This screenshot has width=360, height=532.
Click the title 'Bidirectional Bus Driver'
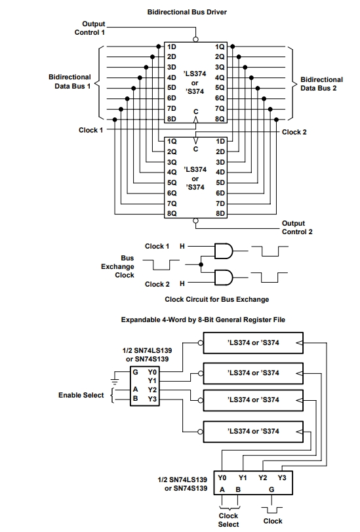click(x=187, y=12)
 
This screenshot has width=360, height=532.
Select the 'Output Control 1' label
click(x=90, y=28)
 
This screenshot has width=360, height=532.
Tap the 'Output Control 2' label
click(x=297, y=228)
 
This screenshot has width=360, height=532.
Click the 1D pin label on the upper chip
click(x=172, y=47)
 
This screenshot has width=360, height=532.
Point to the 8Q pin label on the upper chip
click(x=220, y=119)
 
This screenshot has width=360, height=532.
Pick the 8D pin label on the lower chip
click(x=220, y=213)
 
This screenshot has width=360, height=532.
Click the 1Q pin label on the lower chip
click(x=172, y=141)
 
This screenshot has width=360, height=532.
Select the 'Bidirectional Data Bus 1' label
click(x=70, y=81)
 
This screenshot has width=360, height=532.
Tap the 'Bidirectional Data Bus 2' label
click(x=322, y=84)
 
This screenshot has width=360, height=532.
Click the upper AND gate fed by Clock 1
click(x=224, y=251)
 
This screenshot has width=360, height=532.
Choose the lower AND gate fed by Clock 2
click(x=224, y=277)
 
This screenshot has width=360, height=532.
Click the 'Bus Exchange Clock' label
click(x=117, y=266)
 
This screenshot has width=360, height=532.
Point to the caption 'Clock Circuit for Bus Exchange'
click(x=217, y=299)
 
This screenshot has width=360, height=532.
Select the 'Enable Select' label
click(x=81, y=395)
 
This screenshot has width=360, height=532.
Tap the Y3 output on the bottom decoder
click(x=282, y=478)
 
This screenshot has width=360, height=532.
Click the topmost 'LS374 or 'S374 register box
click(x=253, y=343)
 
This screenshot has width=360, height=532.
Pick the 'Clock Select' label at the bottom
click(x=228, y=520)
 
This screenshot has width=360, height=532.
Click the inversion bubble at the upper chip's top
click(x=195, y=39)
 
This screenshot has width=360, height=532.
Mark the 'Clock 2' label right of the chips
click(x=294, y=132)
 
